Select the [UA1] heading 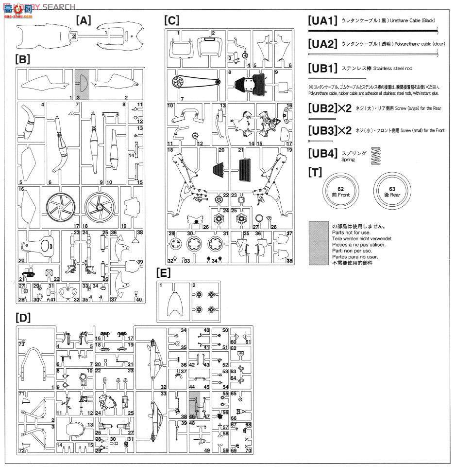322,21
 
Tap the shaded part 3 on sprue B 81,84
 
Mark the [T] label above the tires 315,171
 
